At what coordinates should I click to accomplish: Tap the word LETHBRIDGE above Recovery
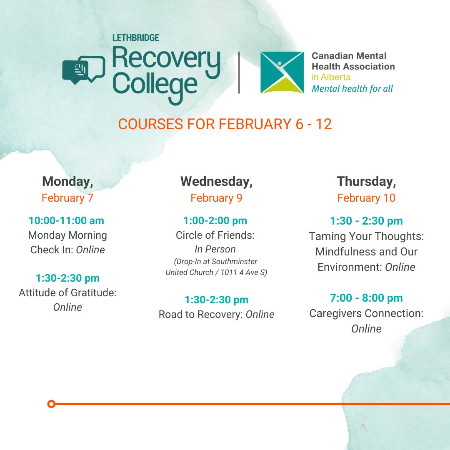[136, 38]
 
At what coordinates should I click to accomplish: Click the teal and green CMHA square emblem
[282, 72]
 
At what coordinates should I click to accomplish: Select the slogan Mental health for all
[352, 88]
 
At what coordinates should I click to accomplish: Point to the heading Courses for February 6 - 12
[225, 124]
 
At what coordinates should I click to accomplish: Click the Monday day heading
[67, 181]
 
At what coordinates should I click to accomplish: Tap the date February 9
[216, 198]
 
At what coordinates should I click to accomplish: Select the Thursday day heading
[366, 181]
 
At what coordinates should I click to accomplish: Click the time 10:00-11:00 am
[66, 220]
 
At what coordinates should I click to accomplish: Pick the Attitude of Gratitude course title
[67, 293]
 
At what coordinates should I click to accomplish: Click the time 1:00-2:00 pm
[215, 220]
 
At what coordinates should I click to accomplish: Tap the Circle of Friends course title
[215, 235]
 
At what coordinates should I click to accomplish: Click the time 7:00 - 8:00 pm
[366, 298]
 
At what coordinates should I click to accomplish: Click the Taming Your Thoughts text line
[366, 236]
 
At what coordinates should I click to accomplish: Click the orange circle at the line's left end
[51, 404]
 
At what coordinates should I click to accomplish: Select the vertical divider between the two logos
[239, 72]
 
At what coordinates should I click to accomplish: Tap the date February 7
[67, 198]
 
